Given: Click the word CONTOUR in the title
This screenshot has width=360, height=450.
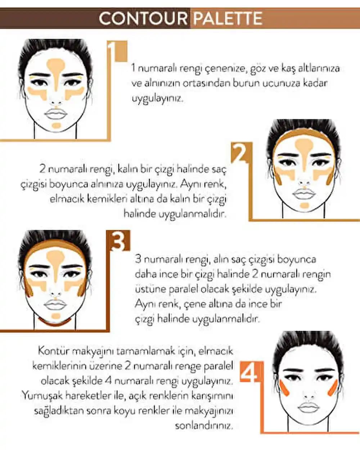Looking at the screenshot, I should pos(143,18).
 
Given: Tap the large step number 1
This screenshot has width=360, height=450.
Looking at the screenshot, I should pos(116,52).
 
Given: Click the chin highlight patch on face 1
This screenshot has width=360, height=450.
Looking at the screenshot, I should pos(56,125).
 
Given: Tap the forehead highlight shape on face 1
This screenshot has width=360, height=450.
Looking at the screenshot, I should pos(56,68).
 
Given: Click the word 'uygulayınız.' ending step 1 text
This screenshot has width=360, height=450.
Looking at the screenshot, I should pos(157,98).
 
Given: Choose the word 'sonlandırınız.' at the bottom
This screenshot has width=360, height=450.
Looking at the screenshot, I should pos(204,426).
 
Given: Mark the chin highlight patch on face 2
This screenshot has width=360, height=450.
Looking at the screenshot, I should pos(304,206).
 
